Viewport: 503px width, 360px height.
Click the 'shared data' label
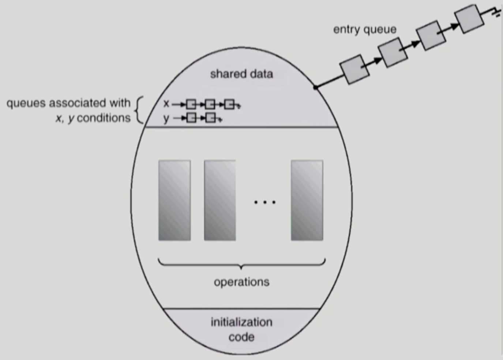tap(241, 74)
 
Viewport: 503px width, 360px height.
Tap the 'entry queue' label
tap(364, 30)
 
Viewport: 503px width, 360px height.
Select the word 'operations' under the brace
tap(241, 282)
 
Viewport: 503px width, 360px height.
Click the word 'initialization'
tap(241, 322)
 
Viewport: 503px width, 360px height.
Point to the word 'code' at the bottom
tap(241, 337)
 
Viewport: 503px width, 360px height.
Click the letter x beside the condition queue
tap(166, 104)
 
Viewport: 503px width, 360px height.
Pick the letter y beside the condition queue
tap(166, 118)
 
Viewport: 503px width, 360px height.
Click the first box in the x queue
tap(191, 105)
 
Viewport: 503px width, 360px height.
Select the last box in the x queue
tap(229, 105)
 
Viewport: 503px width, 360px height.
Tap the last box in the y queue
tap(210, 118)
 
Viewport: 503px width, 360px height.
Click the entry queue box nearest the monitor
tap(354, 69)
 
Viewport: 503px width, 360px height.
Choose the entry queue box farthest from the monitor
tap(469, 19)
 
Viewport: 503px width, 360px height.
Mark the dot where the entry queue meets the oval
tap(316, 87)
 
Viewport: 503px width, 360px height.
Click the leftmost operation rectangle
tap(174, 200)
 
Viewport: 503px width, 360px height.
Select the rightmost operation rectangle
tap(307, 200)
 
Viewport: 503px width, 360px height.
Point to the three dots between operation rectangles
tap(264, 202)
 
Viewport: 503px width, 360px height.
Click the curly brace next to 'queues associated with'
tap(139, 110)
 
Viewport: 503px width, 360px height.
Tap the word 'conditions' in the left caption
tap(104, 118)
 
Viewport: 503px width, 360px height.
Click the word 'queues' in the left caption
tap(26, 103)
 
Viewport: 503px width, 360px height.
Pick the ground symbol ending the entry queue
tap(496, 14)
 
